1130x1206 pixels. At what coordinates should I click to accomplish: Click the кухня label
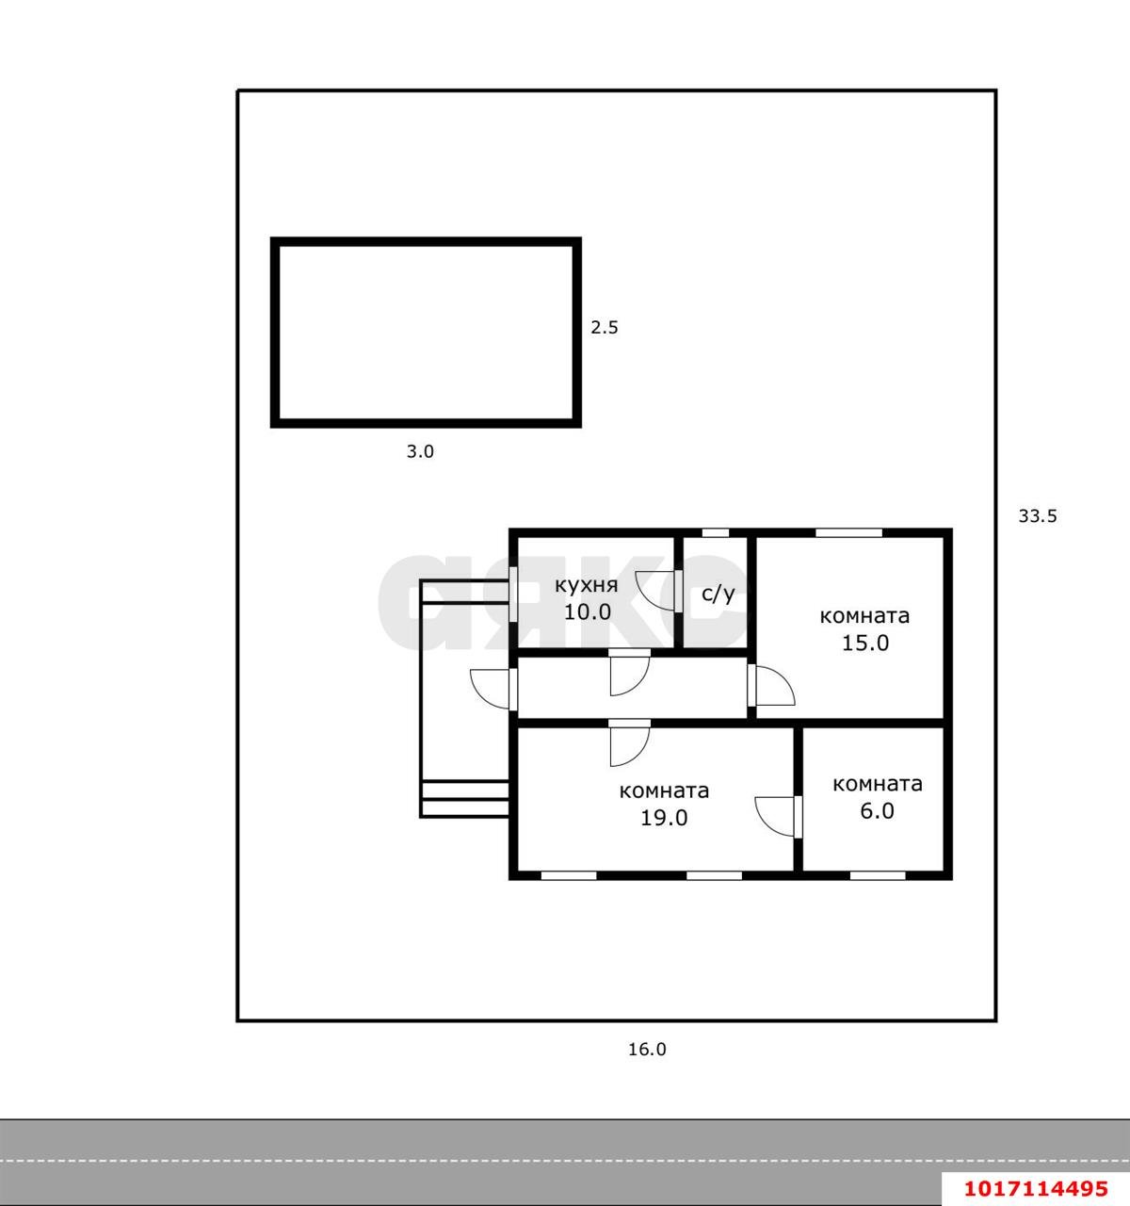pyautogui.click(x=587, y=586)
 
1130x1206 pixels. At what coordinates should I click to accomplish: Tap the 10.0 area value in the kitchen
pyautogui.click(x=588, y=612)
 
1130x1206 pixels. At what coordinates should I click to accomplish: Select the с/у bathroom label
pyautogui.click(x=718, y=594)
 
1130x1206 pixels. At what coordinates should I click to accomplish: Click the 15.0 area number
pyautogui.click(x=865, y=644)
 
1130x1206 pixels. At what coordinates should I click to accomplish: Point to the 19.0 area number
pyautogui.click(x=664, y=818)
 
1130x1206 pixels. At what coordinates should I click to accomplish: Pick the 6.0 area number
pyautogui.click(x=878, y=810)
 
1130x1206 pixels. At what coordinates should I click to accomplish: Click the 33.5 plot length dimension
pyautogui.click(x=1038, y=516)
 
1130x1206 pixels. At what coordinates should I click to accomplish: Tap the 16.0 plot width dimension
pyautogui.click(x=647, y=1050)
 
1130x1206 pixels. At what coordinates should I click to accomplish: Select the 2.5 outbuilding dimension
pyautogui.click(x=605, y=328)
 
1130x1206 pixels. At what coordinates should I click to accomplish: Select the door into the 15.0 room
pyautogui.click(x=771, y=685)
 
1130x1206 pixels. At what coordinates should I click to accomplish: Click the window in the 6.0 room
pyautogui.click(x=878, y=875)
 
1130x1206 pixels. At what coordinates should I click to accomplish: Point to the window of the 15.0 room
pyautogui.click(x=848, y=532)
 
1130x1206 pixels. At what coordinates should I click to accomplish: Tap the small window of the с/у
pyautogui.click(x=716, y=532)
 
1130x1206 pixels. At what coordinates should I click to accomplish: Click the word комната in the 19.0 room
pyautogui.click(x=664, y=791)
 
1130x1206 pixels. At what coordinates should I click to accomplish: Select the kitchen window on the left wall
pyautogui.click(x=513, y=594)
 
